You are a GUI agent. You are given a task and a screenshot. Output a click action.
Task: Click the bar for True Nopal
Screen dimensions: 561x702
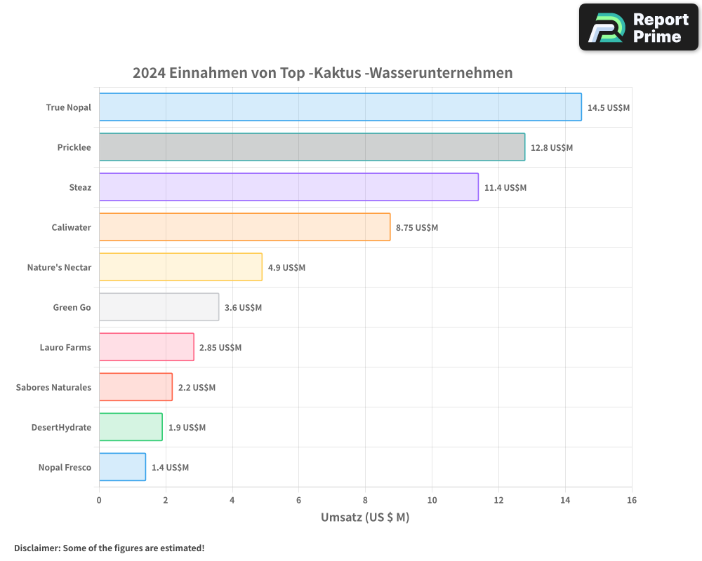340,107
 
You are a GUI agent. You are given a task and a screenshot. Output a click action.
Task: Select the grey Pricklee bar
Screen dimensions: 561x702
312,147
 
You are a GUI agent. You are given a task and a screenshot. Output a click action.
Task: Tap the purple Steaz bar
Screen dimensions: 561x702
289,187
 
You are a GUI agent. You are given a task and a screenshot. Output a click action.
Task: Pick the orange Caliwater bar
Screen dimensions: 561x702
244,227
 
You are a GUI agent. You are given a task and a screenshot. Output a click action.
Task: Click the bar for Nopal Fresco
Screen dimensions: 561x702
122,467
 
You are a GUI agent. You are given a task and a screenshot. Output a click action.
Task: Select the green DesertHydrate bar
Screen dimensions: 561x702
131,427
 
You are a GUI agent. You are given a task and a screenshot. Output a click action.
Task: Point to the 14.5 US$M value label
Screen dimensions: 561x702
609,108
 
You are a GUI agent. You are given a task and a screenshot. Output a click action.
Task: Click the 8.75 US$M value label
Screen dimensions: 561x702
417,228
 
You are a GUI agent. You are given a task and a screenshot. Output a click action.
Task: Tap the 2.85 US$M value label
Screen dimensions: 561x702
220,348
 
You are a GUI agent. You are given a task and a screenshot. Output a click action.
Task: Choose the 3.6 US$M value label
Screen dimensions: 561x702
243,308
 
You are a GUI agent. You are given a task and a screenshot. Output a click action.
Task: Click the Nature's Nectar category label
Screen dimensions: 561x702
59,268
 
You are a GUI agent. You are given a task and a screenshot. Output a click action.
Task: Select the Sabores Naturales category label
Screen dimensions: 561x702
53,388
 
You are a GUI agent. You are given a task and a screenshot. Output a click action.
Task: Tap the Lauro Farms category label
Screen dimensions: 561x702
65,348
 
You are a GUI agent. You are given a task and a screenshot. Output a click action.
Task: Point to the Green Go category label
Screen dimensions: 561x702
72,308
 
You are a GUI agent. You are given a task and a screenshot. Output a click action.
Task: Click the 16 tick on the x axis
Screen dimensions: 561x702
632,501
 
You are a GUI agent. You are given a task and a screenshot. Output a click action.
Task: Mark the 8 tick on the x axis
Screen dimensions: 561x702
365,501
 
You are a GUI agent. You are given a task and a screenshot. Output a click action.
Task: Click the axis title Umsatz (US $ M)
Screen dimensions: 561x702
365,518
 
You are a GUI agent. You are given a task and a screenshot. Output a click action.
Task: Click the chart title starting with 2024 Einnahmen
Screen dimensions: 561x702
323,73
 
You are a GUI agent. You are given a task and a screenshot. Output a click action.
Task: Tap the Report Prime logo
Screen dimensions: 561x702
638,27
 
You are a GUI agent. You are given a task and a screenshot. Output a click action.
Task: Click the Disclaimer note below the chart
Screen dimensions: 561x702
110,548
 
